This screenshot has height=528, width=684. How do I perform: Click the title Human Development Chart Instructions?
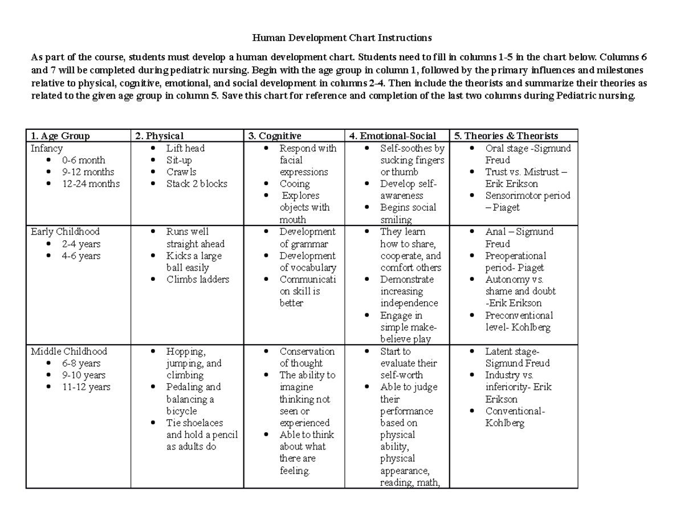coord(342,38)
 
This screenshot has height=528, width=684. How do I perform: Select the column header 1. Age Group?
coord(60,136)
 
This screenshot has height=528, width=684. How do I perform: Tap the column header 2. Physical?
coord(159,136)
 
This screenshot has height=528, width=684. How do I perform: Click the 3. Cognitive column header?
coord(275,136)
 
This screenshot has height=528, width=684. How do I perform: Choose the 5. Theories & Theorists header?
coord(506,136)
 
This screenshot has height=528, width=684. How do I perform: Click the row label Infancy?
coord(47,148)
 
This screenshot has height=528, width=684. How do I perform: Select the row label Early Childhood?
coord(65,232)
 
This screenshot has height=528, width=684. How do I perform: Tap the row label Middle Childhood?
coord(68,351)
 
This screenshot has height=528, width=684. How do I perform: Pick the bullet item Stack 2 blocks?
coord(197,184)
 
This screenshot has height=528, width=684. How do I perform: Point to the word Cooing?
coord(295,184)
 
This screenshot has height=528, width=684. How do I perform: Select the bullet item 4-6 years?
coord(82,256)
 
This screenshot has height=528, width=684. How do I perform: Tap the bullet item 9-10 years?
coord(84,375)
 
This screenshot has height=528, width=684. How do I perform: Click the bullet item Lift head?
coord(185,148)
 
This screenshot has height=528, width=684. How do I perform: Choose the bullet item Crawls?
coord(181,172)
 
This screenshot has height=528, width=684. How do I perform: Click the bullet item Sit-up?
coord(179,160)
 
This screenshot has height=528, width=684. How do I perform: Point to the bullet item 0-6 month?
coord(84,160)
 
